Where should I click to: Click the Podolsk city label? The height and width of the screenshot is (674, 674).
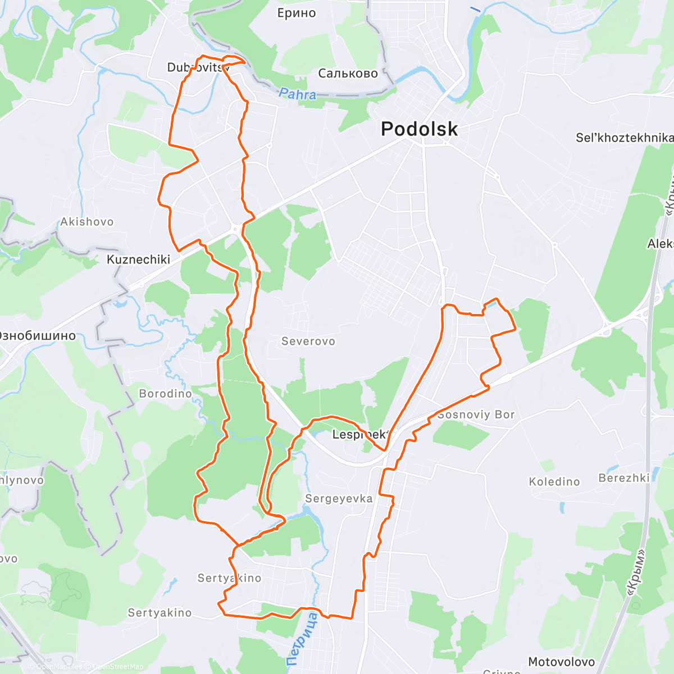[419, 129]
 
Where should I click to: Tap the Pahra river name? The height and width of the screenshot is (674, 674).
[298, 94]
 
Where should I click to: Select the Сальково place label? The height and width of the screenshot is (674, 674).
[348, 74]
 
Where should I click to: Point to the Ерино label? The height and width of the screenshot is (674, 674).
[297, 13]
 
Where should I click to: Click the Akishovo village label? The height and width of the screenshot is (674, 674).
[87, 222]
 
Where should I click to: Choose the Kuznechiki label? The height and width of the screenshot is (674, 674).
[138, 259]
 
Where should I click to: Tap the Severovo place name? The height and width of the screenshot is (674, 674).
[308, 341]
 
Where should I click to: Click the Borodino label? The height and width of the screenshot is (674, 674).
[165, 394]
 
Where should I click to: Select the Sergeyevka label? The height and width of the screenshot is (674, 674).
[339, 499]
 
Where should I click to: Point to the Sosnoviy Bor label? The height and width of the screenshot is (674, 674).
[476, 415]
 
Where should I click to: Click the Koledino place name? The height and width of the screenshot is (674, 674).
[554, 482]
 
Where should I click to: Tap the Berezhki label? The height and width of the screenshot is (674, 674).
[624, 478]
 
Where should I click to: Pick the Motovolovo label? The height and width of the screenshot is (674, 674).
[561, 662]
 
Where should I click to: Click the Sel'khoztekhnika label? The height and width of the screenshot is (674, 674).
[624, 138]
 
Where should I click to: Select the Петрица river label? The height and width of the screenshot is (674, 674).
[303, 639]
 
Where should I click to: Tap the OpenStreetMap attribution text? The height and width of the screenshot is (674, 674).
[117, 667]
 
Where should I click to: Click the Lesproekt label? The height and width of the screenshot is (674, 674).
[359, 434]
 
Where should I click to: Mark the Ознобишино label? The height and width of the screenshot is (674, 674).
[37, 336]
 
